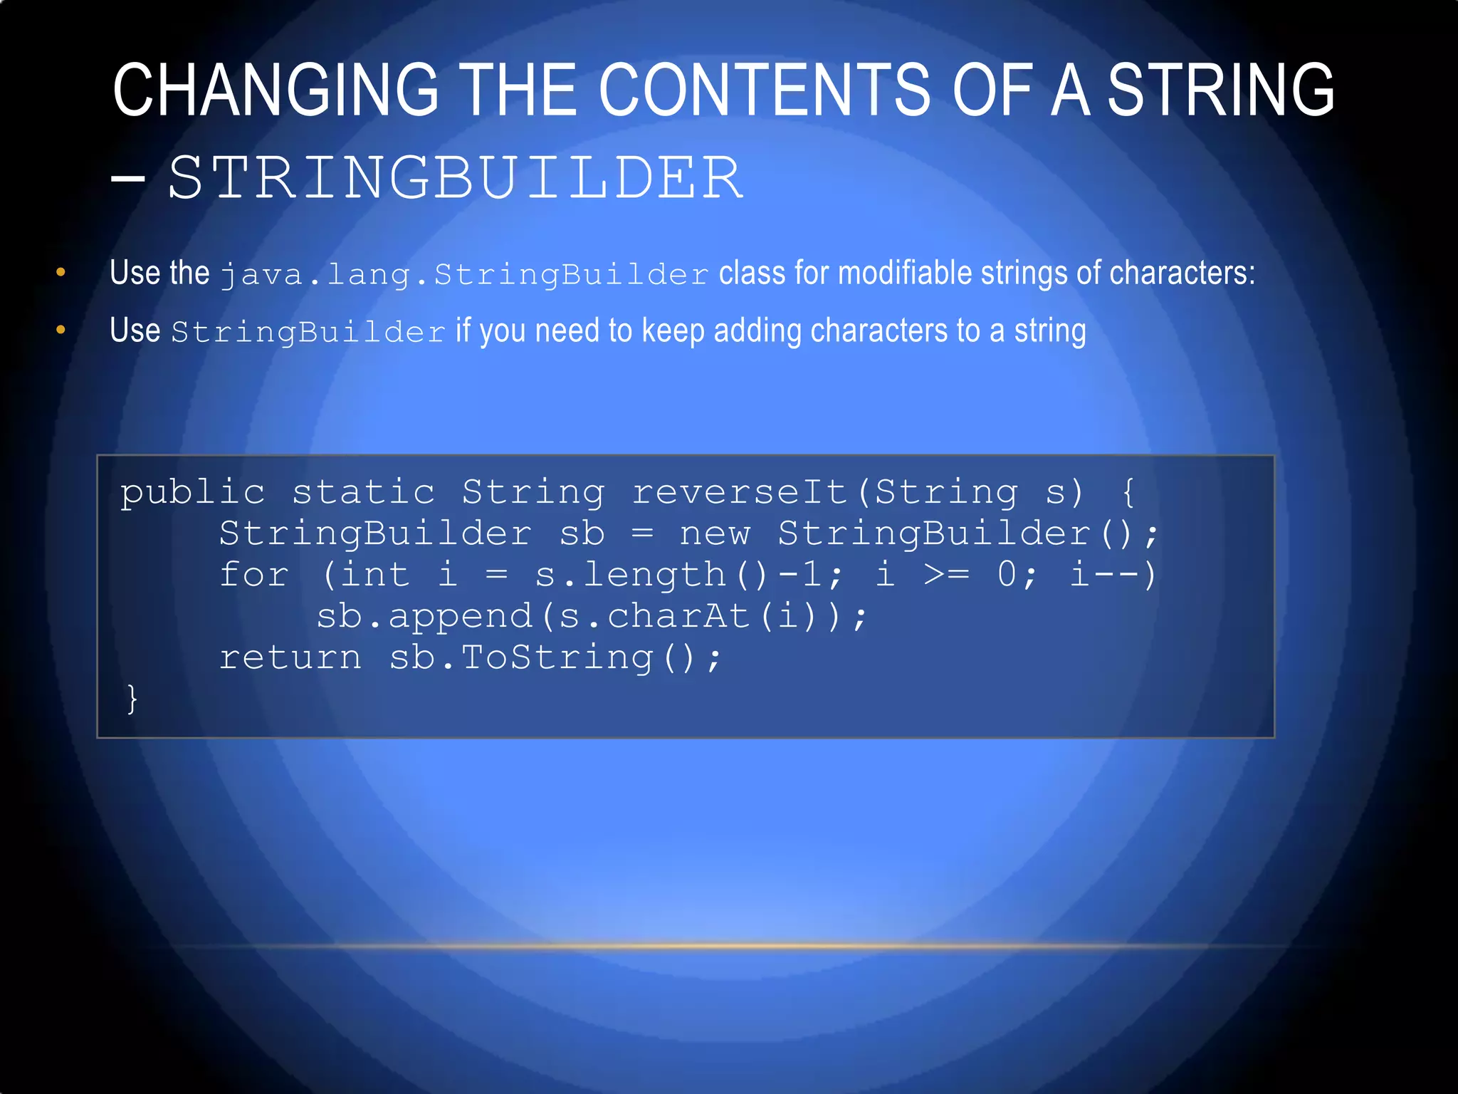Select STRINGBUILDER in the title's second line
456,178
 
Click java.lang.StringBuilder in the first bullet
464,275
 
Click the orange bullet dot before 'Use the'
61,272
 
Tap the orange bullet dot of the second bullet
61,330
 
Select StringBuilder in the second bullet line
308,333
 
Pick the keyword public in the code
192,493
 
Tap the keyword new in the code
715,534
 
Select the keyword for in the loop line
253,575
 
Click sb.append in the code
424,616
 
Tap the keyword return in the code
290,657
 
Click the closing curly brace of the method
132,699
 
